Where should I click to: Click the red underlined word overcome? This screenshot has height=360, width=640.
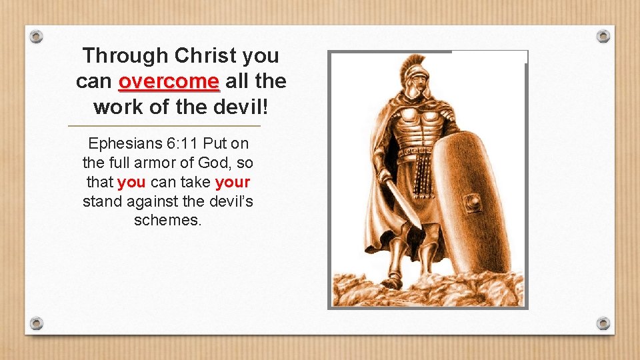click(169, 82)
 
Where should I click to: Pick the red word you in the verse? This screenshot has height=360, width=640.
click(131, 181)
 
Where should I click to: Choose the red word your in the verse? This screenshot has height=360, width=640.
click(233, 181)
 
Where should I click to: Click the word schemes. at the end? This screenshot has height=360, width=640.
click(167, 220)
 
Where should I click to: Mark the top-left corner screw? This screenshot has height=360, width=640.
click(37, 36)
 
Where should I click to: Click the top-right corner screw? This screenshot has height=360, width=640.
click(603, 36)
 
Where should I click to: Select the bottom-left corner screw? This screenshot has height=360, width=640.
click(37, 323)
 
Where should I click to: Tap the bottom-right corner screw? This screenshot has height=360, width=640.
click(603, 323)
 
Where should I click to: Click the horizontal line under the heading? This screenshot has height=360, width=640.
click(165, 126)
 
